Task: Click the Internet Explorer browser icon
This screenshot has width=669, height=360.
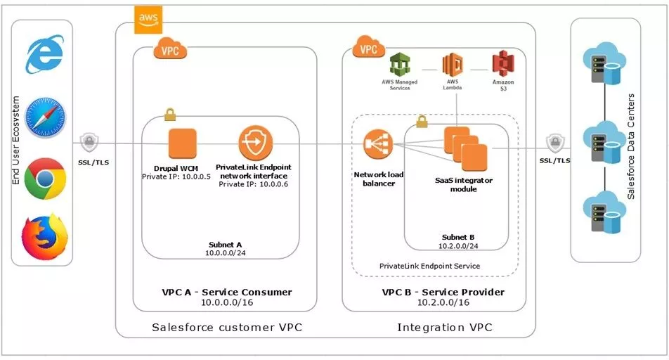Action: pos(44,55)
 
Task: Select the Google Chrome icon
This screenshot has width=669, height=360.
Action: pos(44,179)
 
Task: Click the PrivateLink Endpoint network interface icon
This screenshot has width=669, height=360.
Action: pos(254,144)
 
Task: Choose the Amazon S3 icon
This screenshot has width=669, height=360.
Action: pos(503,65)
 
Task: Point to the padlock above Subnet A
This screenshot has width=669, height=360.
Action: pos(170,112)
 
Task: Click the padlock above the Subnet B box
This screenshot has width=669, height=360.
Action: pos(422,121)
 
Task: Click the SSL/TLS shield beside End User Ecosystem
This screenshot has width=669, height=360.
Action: pos(89,143)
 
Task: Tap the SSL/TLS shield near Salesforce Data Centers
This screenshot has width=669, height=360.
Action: pos(555,143)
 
